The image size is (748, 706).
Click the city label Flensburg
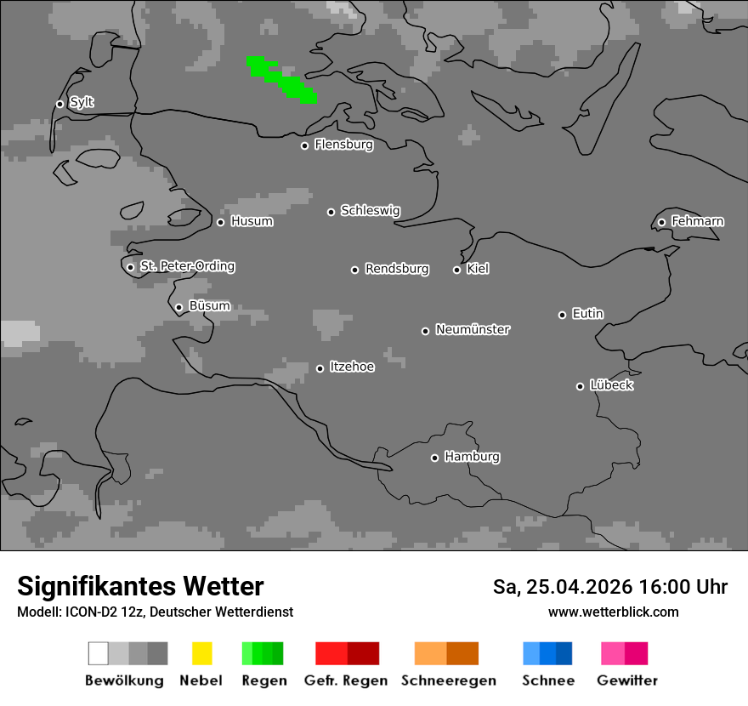[x=343, y=145]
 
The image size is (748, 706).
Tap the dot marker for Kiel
[x=456, y=270]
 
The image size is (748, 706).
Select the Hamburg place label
[x=472, y=457]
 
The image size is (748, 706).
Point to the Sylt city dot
[x=59, y=104]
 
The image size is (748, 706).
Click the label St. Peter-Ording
[x=187, y=266]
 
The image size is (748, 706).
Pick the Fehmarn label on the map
[x=697, y=221]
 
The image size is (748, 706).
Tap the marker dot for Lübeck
[x=580, y=386]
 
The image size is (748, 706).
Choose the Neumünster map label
[x=473, y=329]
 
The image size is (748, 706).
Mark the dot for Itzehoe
[x=320, y=368]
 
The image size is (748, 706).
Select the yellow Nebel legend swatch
[x=201, y=653]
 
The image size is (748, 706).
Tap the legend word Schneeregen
[x=449, y=680]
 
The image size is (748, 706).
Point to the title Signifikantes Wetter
[x=140, y=586]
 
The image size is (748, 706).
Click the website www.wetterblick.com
[x=613, y=612]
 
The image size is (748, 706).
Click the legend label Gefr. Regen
[x=346, y=680]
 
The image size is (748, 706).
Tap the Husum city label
[x=252, y=221]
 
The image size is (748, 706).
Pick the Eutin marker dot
[x=562, y=315]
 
